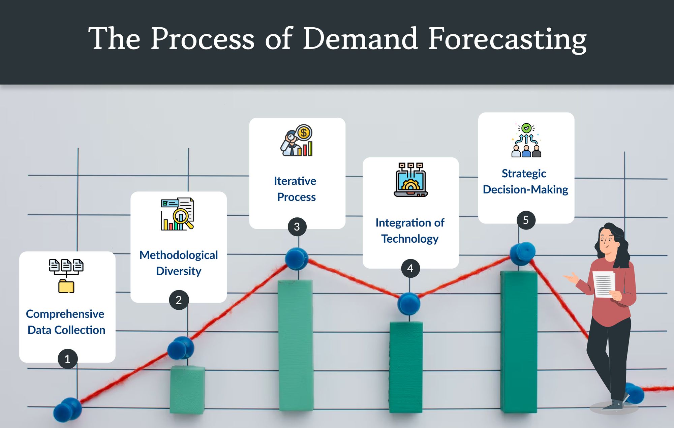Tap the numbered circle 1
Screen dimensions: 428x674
[x=67, y=359]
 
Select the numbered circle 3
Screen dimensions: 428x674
[x=297, y=227]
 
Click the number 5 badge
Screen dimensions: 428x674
[x=526, y=220]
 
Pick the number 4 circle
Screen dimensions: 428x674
[x=410, y=268]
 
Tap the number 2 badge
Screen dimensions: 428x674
[x=179, y=300]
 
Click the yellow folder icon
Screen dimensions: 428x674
[x=66, y=286]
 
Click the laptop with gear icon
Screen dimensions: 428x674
[x=410, y=180]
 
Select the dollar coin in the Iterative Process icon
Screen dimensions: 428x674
[x=304, y=132]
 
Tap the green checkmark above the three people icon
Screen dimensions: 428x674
[x=526, y=128]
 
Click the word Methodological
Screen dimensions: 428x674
[x=179, y=255]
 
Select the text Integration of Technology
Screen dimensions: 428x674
[x=410, y=231]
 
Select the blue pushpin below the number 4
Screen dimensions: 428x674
[x=408, y=303]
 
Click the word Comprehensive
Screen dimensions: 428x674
[x=65, y=314]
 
